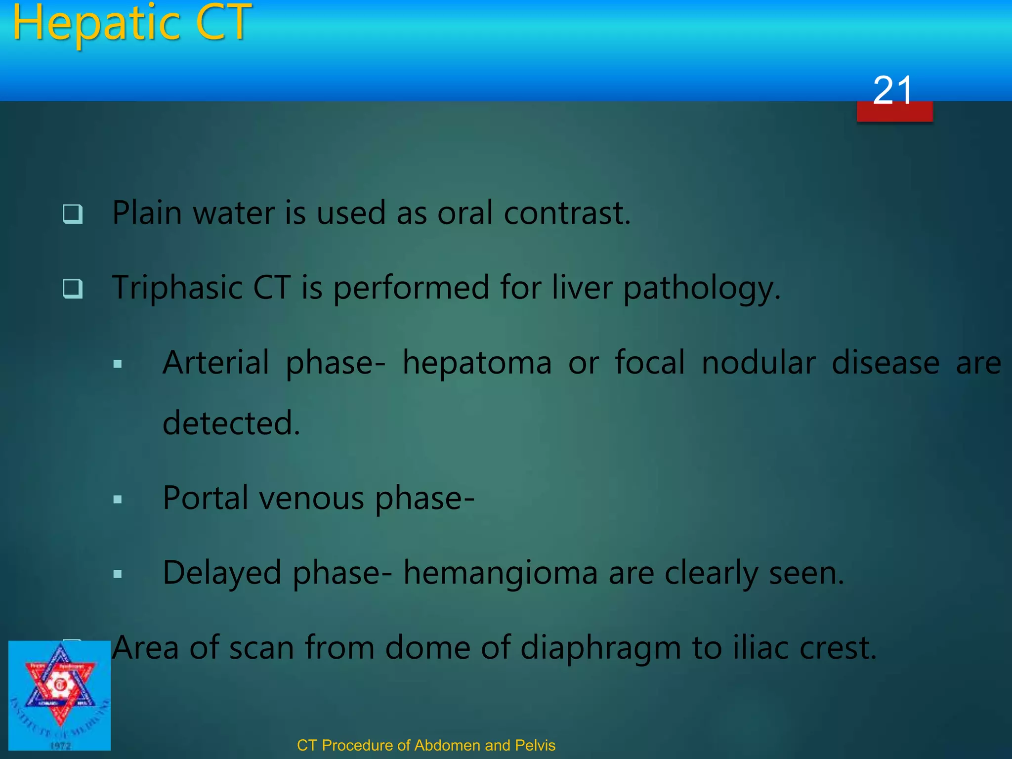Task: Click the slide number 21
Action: click(x=892, y=90)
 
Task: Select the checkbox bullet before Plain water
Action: click(x=73, y=214)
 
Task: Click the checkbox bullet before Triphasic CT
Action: click(x=73, y=289)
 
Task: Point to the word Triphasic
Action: click(x=176, y=288)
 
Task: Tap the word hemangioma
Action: click(x=500, y=573)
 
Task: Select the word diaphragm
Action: click(x=600, y=648)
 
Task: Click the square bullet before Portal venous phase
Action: click(x=118, y=500)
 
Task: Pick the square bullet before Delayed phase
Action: click(x=118, y=574)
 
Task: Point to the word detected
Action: click(x=230, y=423)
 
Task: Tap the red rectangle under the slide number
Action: click(x=894, y=113)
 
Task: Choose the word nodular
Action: click(x=758, y=363)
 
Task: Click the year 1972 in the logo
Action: click(x=60, y=746)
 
